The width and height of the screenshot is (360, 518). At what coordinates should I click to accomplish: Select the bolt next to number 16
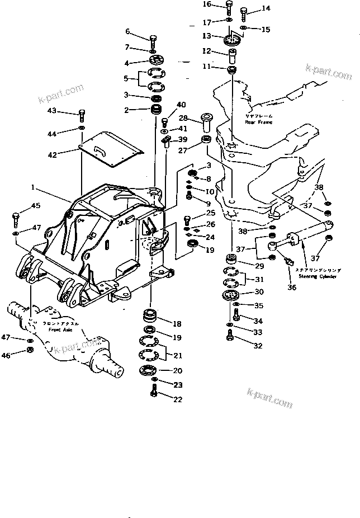coord(229,7)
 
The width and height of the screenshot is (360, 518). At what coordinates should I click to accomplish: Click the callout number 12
coord(206,51)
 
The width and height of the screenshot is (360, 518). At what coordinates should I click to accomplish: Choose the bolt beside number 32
coord(230,336)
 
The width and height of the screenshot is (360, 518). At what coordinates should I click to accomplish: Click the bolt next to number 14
coord(244,12)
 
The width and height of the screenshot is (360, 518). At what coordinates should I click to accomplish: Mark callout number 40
coord(181,105)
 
